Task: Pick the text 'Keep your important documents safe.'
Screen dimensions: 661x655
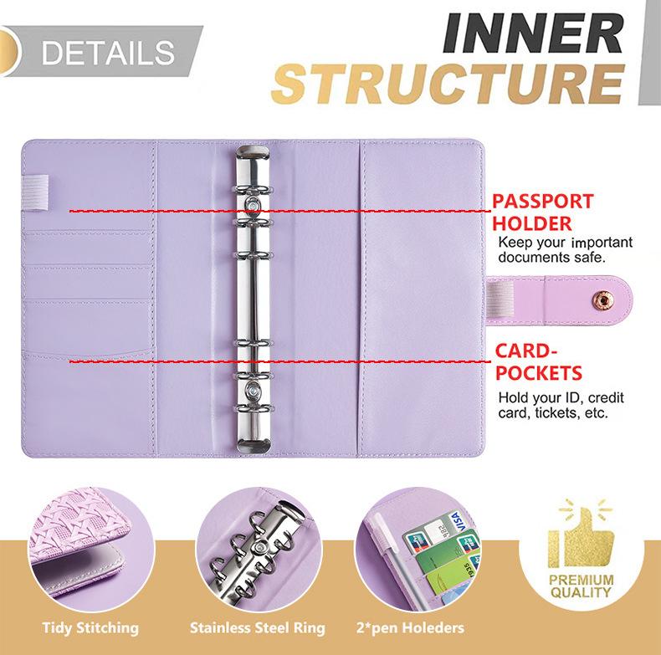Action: tap(565, 250)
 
